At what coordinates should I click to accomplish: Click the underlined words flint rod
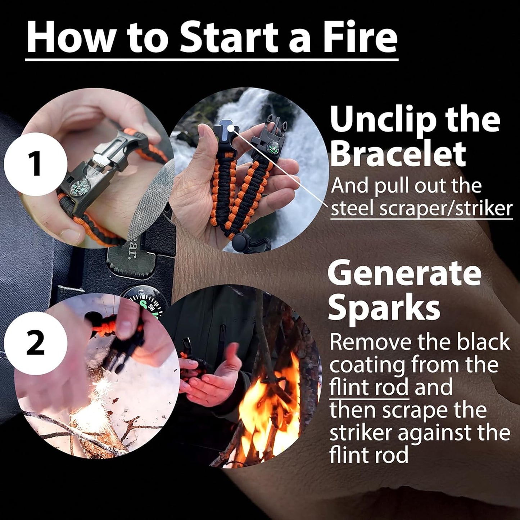click(369, 388)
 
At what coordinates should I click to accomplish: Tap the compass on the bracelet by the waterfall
click(272, 148)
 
